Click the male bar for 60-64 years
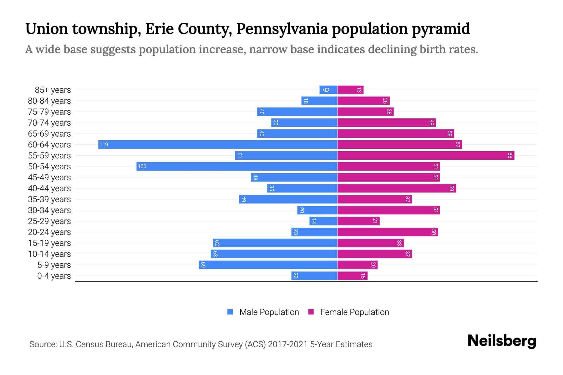[x=218, y=144]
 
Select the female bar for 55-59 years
[x=426, y=155]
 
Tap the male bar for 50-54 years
[x=237, y=166]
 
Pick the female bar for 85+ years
[x=350, y=90]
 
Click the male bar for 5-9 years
[x=268, y=265]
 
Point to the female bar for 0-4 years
[x=353, y=276]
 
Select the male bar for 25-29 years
[x=323, y=221]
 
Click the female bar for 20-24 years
[x=388, y=232]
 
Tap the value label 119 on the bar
[x=104, y=144]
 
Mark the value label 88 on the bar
[x=510, y=155]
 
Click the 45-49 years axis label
[x=49, y=177]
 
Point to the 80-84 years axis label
[x=49, y=101]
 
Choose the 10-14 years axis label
[x=49, y=254]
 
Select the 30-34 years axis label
[x=49, y=210]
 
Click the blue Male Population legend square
[x=230, y=312]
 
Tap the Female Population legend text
[x=354, y=312]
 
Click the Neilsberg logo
[x=502, y=341]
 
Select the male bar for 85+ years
[x=328, y=90]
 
